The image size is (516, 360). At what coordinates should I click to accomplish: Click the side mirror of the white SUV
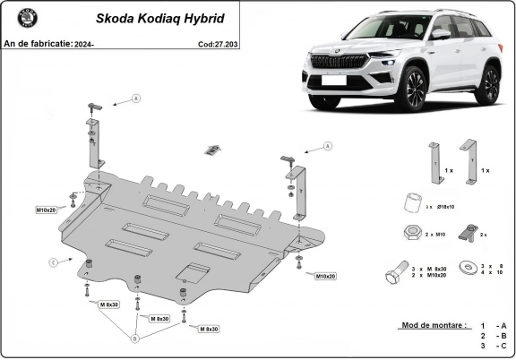(x=440, y=34)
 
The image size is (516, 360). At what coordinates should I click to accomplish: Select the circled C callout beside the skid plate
(x=54, y=261)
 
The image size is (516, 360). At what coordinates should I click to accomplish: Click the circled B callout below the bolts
(x=135, y=339)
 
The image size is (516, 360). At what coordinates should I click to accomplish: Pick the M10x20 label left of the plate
(x=47, y=210)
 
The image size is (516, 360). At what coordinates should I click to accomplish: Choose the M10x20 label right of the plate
(x=324, y=276)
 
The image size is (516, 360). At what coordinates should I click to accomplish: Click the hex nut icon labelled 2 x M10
(x=409, y=233)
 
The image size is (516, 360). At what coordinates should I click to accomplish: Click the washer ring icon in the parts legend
(x=465, y=267)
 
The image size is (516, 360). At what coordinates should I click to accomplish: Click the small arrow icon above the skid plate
(x=212, y=148)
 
